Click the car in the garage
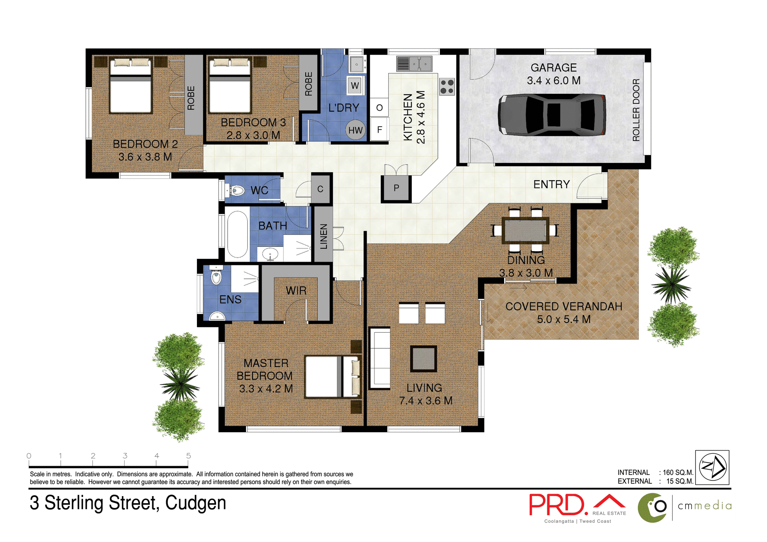(552, 115)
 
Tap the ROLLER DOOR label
(636, 110)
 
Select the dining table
(525, 230)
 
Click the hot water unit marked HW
(355, 130)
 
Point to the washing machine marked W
(355, 86)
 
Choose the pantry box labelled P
(396, 188)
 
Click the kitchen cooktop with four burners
(447, 87)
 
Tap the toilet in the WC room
(236, 191)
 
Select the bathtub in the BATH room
(237, 234)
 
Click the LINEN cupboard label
(324, 236)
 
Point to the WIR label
(296, 290)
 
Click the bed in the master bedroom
(332, 377)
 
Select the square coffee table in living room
(423, 358)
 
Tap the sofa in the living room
(380, 358)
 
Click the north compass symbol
(713, 467)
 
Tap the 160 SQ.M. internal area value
(678, 473)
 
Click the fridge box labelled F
(380, 129)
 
